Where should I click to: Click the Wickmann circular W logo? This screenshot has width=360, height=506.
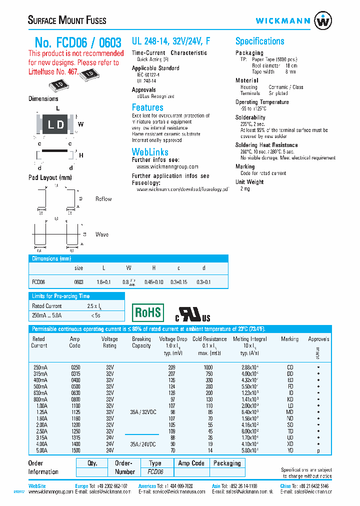click(x=322, y=21)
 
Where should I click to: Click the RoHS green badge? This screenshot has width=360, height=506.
click(x=147, y=313)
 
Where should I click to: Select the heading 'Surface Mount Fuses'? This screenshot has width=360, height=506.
click(x=67, y=20)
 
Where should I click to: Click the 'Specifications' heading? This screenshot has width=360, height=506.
click(x=259, y=41)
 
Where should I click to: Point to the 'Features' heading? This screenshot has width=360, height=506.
click(x=147, y=107)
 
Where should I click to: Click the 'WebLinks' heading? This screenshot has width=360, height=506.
click(x=150, y=151)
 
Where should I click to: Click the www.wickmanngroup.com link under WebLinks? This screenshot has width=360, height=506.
click(x=167, y=166)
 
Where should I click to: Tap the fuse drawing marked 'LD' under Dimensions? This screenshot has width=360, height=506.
click(x=55, y=124)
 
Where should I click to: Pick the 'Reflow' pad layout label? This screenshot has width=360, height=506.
click(x=103, y=199)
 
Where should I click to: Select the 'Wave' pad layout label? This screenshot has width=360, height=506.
click(x=102, y=234)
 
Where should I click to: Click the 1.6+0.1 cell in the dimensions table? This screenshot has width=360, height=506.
click(x=103, y=282)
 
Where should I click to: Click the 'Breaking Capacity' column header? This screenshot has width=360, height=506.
click(x=141, y=342)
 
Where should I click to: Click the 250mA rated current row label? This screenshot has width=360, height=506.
click(x=39, y=367)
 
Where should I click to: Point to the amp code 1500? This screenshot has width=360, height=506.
click(x=74, y=450)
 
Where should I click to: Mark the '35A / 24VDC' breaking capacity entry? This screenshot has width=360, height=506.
click(x=142, y=443)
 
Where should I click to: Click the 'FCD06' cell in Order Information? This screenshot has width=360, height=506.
click(x=155, y=472)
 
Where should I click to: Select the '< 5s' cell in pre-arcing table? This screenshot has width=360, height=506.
click(x=95, y=315)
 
